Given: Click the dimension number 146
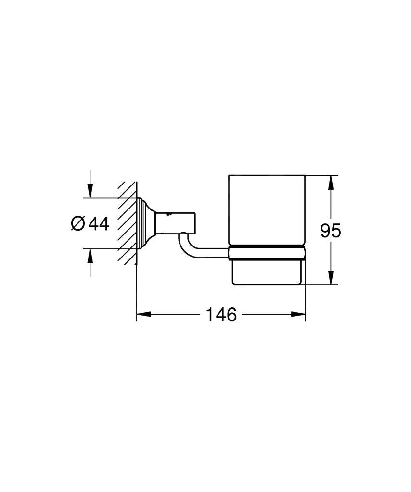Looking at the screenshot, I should click(221, 315).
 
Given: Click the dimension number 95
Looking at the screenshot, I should click(331, 231).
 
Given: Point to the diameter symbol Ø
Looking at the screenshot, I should click(78, 223).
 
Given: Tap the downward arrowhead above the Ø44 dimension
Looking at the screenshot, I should click(90, 192).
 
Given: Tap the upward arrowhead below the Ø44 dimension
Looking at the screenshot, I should click(90, 255).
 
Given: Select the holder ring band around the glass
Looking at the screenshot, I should click(267, 253).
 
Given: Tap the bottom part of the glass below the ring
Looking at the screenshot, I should click(267, 271).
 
